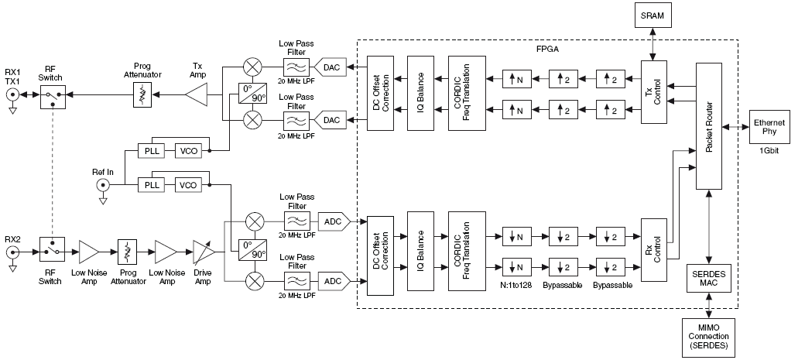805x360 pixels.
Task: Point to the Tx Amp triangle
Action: point(199,96)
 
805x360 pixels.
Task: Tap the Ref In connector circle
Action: point(102,185)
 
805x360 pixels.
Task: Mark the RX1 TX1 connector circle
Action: point(13,96)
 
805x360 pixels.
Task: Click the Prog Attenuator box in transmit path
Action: point(142,96)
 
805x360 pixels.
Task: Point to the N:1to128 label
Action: point(514,286)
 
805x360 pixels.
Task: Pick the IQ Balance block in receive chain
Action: point(420,250)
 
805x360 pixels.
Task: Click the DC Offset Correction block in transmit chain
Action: point(379,94)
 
